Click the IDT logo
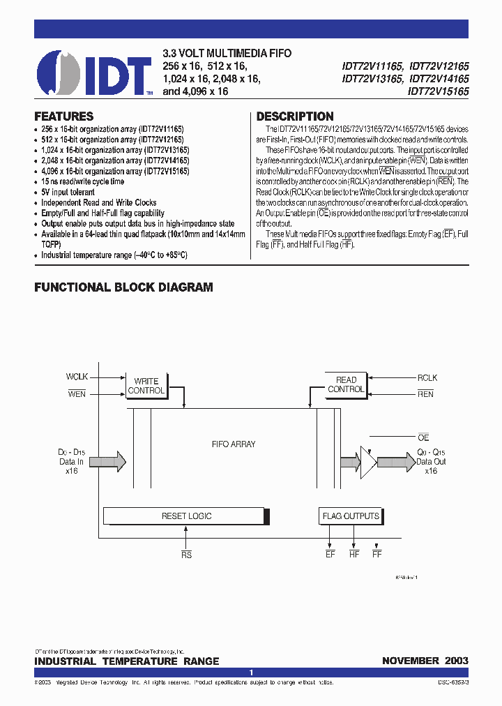(93, 72)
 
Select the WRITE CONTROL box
(146, 386)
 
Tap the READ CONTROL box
(346, 384)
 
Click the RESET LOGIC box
(186, 516)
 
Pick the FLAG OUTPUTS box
(350, 516)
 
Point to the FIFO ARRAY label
(234, 444)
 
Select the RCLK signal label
(427, 377)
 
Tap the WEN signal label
(77, 394)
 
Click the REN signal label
(425, 394)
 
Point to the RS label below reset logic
(186, 555)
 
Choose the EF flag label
(330, 555)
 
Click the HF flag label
(353, 555)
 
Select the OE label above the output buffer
(423, 437)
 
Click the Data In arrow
(107, 460)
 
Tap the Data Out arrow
(395, 460)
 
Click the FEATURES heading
(64, 117)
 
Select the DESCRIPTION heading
(295, 117)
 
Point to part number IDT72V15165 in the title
(439, 91)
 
